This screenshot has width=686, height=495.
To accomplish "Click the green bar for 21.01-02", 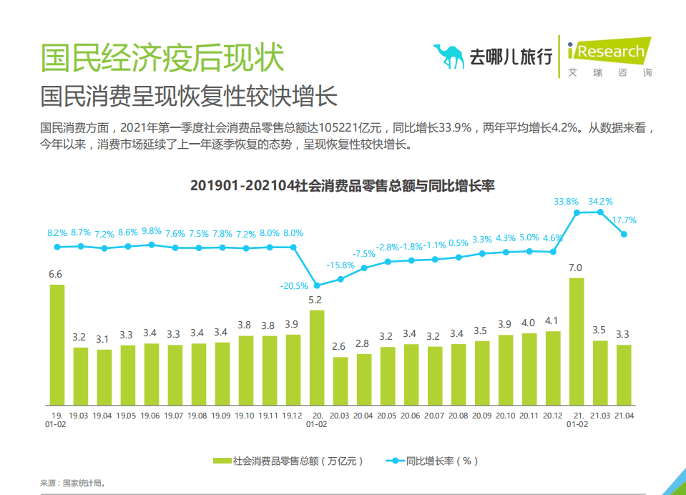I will click(x=576, y=342).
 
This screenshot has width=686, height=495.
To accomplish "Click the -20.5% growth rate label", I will click(x=293, y=285).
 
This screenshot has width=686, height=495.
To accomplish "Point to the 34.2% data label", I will click(x=599, y=202).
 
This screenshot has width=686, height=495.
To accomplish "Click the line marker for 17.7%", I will click(x=624, y=234).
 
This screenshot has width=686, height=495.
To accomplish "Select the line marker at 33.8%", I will click(x=577, y=213).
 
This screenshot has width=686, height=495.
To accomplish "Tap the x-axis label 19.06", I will click(x=151, y=416).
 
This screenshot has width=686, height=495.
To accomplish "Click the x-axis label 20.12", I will click(x=552, y=416).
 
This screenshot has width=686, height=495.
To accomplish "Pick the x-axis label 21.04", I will click(x=624, y=416).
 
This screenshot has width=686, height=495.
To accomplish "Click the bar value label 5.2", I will click(x=316, y=300).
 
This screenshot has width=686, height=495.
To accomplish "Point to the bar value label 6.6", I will click(x=55, y=274).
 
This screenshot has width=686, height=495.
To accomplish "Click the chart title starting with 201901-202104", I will click(x=343, y=185).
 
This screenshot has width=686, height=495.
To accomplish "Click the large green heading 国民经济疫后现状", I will click(x=162, y=57).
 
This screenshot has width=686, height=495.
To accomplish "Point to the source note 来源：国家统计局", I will click(x=72, y=483).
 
